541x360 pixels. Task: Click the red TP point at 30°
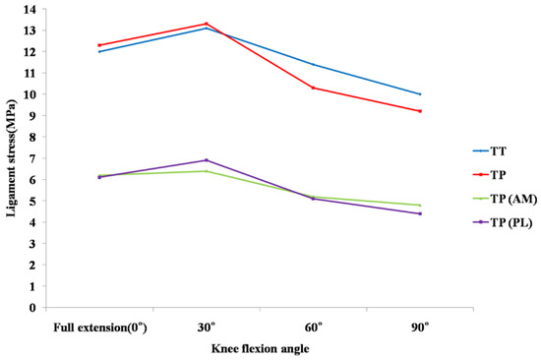207,24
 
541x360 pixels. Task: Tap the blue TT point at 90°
420,94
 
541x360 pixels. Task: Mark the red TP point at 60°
313,88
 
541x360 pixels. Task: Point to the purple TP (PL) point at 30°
207,160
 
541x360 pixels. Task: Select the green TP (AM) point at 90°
420,205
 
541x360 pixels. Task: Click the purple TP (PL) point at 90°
420,213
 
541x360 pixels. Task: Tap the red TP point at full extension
100,45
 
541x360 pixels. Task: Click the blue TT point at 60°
313,64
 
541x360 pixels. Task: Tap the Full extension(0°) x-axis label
100,326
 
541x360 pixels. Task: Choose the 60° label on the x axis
313,326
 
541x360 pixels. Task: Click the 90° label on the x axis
420,326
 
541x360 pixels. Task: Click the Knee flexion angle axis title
260,347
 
